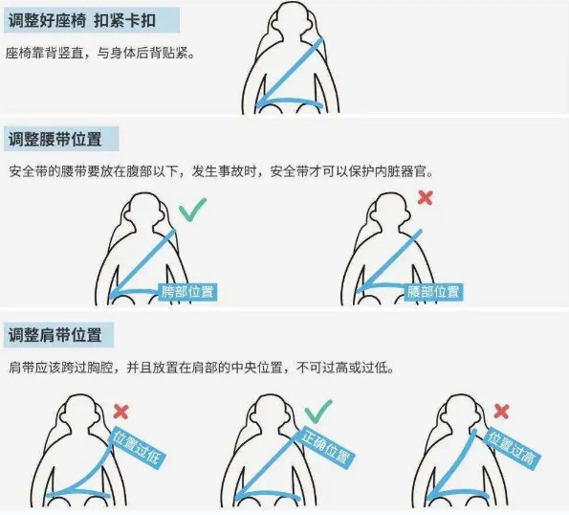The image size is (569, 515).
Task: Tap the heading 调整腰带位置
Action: (55, 140)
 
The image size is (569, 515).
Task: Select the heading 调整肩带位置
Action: (55, 335)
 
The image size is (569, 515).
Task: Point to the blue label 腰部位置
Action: (433, 291)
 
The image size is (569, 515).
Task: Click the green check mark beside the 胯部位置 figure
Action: (193, 208)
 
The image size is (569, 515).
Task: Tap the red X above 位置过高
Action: (502, 412)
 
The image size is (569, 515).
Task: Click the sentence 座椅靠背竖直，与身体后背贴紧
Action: (101, 55)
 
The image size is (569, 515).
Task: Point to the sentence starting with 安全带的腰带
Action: (221, 171)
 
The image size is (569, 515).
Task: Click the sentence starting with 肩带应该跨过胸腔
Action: (201, 368)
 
